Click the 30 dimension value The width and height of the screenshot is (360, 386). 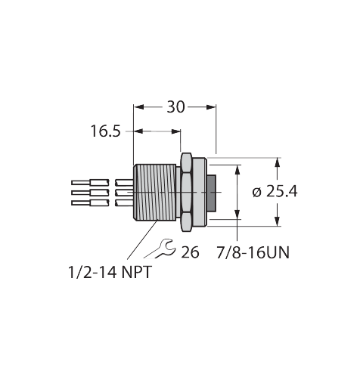tap(175, 107)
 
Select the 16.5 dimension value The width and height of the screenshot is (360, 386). tap(105, 131)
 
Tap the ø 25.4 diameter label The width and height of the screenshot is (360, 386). tap(275, 191)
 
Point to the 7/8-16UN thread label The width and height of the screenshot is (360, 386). tap(253, 252)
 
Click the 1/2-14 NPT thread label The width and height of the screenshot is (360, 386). tap(110, 272)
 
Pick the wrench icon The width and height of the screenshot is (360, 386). tap(160, 249)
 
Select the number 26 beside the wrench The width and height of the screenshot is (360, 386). tap(190, 252)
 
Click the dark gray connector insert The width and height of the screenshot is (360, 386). tap(212, 193)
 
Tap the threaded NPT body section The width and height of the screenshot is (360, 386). tap(154, 193)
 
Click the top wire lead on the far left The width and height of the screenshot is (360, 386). tap(90, 182)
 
